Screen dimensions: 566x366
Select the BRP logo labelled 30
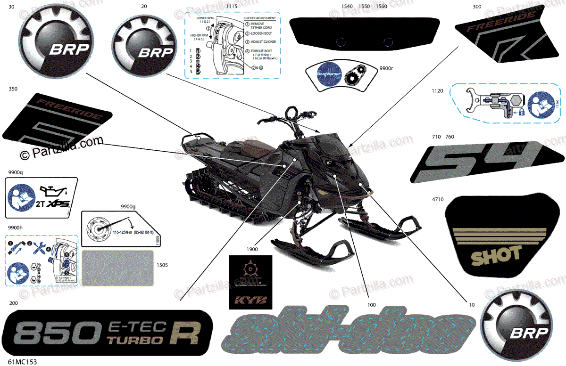pos(53,45)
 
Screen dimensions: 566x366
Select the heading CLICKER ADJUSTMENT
pos(259,17)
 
